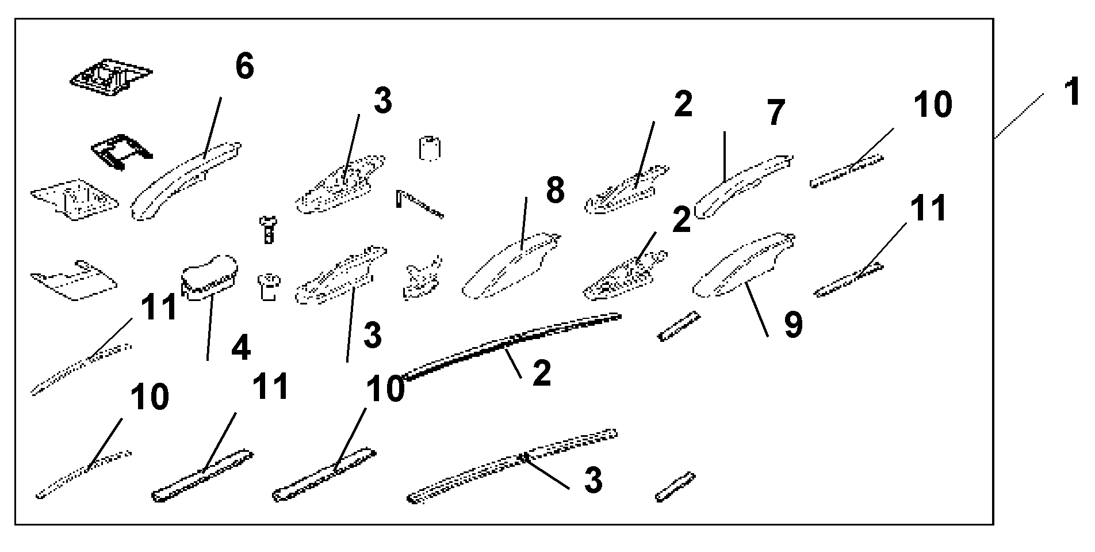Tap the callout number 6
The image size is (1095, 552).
pyautogui.click(x=244, y=67)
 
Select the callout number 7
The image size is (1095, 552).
pyautogui.click(x=775, y=113)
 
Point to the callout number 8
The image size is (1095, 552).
pyautogui.click(x=554, y=190)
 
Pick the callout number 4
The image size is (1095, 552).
pyautogui.click(x=240, y=348)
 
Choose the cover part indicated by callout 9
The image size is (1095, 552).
pyautogui.click(x=742, y=265)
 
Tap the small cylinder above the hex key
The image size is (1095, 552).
pyautogui.click(x=430, y=149)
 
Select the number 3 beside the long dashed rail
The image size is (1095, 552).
pyautogui.click(x=592, y=481)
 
